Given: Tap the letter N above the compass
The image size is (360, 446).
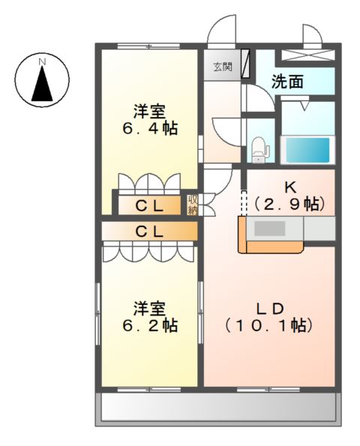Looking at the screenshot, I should (x=43, y=60).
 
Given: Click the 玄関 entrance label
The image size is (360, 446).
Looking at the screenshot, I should (x=221, y=67).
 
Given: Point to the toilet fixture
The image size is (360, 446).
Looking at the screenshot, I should (x=260, y=148).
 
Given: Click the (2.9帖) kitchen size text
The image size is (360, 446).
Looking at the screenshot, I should (x=288, y=203).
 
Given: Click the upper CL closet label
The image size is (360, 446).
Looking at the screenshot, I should (x=150, y=205).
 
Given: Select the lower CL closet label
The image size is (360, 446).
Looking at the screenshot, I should (x=149, y=231).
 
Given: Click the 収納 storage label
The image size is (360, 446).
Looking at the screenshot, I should (x=193, y=204).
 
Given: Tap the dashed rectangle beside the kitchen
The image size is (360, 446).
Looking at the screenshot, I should (x=242, y=202).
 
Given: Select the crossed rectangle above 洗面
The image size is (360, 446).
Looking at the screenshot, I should (x=307, y=55).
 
